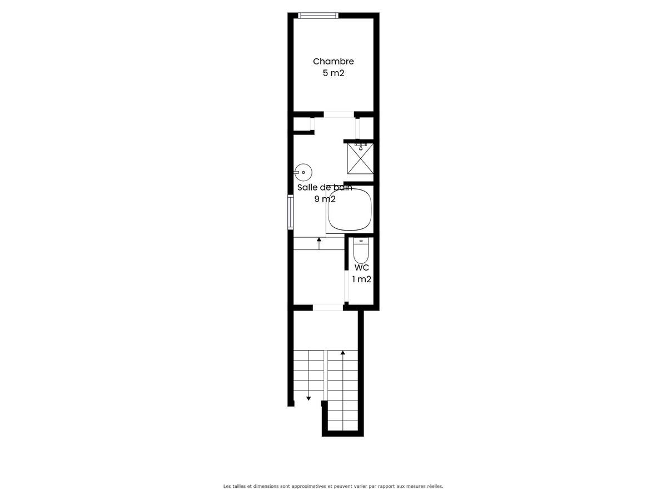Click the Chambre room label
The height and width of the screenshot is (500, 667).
point(333,61)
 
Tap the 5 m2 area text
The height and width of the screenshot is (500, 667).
point(333,73)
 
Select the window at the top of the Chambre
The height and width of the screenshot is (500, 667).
point(318,16)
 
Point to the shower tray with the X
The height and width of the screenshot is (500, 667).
point(360,158)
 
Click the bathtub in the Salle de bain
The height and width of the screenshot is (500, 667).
point(350,209)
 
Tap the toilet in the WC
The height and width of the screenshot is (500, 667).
point(361,250)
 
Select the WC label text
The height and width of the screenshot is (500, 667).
point(362,268)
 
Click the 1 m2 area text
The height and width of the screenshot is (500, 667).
point(362,279)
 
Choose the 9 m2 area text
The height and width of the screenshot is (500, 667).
point(325,199)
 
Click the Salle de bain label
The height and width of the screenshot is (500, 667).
point(325,188)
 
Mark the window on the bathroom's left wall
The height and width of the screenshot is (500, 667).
point(291,212)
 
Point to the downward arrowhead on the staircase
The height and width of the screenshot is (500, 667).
point(308,398)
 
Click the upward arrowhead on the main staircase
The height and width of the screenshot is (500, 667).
point(343,352)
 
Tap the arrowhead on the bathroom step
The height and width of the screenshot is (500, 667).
point(318,239)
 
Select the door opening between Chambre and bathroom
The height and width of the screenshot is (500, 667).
point(339,114)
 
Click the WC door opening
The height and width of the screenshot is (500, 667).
point(346,286)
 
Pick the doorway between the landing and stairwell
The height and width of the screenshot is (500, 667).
point(328,308)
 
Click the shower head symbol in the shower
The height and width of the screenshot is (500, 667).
point(360,147)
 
